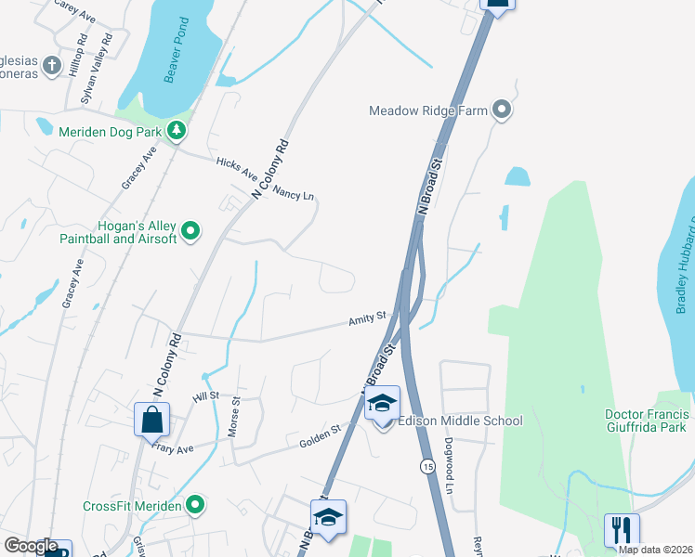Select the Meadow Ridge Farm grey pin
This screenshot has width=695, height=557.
(503, 110)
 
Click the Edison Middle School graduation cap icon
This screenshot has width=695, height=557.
(382, 404)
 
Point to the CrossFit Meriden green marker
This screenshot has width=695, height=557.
(194, 506)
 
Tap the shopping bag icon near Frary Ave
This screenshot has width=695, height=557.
(152, 420)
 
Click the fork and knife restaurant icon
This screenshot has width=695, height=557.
(622, 531)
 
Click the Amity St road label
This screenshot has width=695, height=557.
(367, 318)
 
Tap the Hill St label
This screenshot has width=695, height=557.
(204, 396)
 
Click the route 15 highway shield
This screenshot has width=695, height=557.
(426, 465)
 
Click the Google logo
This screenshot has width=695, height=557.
(31, 546)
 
